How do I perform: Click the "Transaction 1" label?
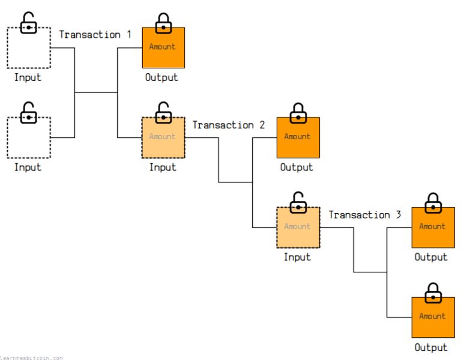(x=95, y=35)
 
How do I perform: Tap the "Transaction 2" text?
(x=228, y=125)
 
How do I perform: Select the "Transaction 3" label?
(x=364, y=215)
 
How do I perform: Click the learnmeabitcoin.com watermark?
(x=31, y=358)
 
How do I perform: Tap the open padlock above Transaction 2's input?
(x=163, y=113)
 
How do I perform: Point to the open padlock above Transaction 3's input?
(x=298, y=203)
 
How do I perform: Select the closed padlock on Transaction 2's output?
(x=298, y=113)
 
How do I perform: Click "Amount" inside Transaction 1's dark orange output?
(x=163, y=47)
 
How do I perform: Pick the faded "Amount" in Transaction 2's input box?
(x=163, y=137)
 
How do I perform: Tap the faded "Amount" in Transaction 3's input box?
(x=297, y=227)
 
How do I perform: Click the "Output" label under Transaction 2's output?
(x=297, y=167)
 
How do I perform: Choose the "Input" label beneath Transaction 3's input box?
(x=297, y=257)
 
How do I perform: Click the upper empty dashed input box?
(x=28, y=48)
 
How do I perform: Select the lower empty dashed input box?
(x=28, y=138)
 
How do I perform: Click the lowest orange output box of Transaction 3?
(x=433, y=317)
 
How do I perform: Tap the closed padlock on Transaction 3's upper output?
(x=433, y=203)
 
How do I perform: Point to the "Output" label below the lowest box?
(x=431, y=347)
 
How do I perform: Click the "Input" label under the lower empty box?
(x=28, y=167)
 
